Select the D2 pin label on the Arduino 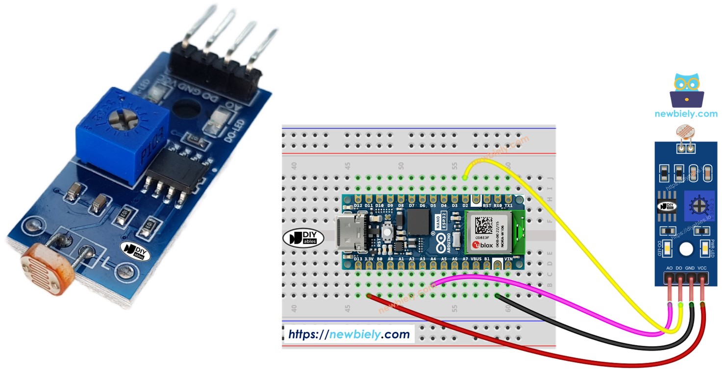(465, 205)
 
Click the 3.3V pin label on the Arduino (369, 258)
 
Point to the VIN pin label (508, 258)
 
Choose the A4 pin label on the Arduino (433, 258)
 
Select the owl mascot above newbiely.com (686, 91)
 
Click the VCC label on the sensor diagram (702, 268)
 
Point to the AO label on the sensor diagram (670, 268)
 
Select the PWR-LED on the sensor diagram (704, 249)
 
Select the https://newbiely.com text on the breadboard (349, 334)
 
